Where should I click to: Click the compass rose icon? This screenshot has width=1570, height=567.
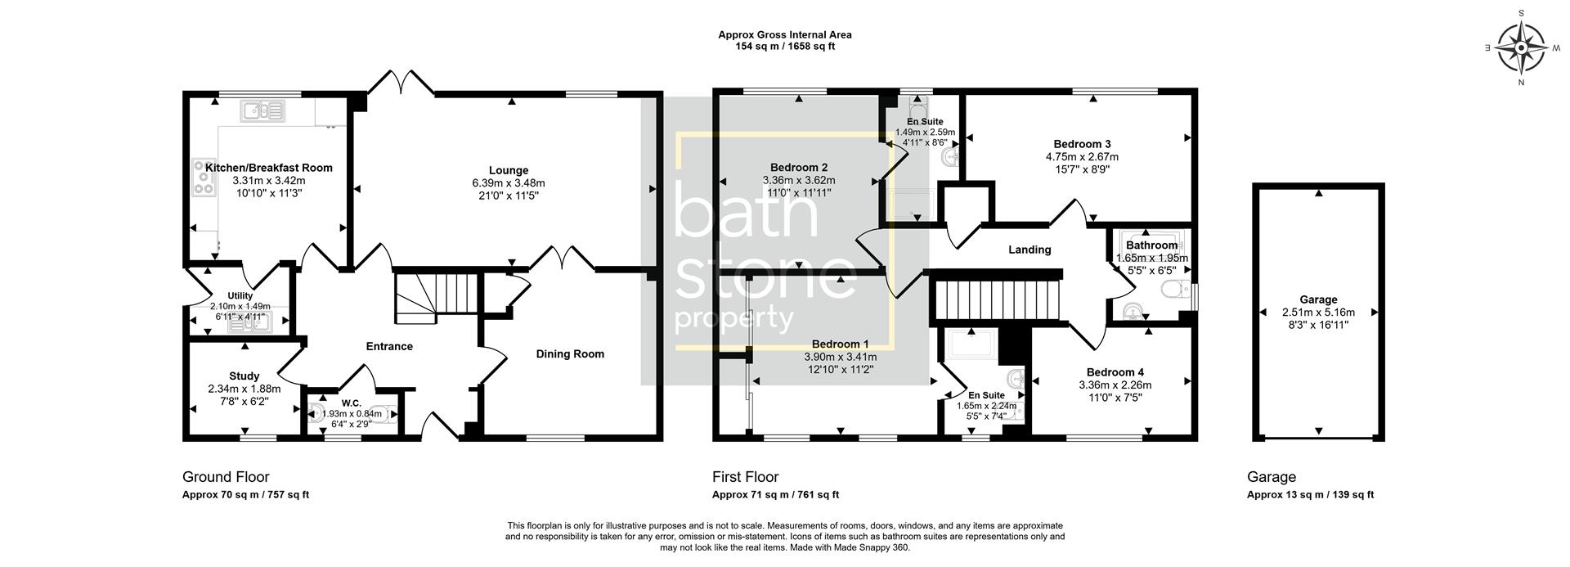pyautogui.click(x=1520, y=47)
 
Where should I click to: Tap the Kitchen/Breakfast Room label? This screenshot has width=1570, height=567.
pyautogui.click(x=268, y=168)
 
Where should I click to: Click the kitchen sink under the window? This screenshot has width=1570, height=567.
pyautogui.click(x=262, y=110)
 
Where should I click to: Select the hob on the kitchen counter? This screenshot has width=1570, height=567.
pyautogui.click(x=202, y=178)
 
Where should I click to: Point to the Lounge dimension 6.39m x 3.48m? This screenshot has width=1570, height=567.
pyautogui.click(x=508, y=183)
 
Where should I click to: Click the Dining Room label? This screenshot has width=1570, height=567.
pyautogui.click(x=570, y=354)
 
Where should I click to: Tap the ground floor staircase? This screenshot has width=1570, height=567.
pyautogui.click(x=435, y=297)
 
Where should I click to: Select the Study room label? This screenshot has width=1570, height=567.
pyautogui.click(x=244, y=376)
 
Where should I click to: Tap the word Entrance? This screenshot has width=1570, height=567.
pyautogui.click(x=389, y=346)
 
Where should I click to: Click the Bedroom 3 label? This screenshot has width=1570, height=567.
pyautogui.click(x=1082, y=144)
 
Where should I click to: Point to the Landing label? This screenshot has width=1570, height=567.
pyautogui.click(x=1029, y=250)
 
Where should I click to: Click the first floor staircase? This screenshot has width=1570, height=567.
pyautogui.click(x=1001, y=300)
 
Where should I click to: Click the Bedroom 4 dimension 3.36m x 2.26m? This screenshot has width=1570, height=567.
pyautogui.click(x=1115, y=385)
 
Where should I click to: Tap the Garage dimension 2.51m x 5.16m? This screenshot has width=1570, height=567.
pyautogui.click(x=1318, y=313)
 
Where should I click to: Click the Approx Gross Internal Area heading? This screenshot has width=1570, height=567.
pyautogui.click(x=784, y=34)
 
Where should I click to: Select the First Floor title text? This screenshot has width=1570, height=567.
pyautogui.click(x=745, y=477)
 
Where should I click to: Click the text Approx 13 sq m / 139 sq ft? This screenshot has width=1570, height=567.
pyautogui.click(x=1310, y=495)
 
